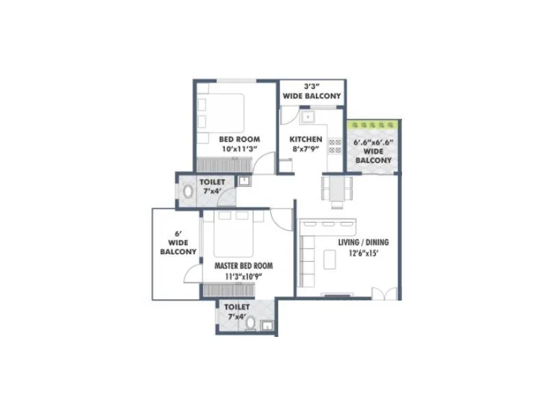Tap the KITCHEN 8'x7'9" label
click(x=306, y=143)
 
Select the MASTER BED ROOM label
click(x=243, y=270)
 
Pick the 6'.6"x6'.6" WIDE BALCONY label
click(x=373, y=151)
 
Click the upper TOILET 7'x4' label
click(x=212, y=187)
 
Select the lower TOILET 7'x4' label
click(x=237, y=312)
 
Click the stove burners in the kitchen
click(x=335, y=146)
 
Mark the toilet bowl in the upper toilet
click(x=188, y=191)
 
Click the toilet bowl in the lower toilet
click(x=251, y=323)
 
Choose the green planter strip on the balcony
click(x=373, y=126)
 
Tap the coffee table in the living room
click(x=330, y=260)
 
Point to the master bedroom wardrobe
click(x=229, y=290)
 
